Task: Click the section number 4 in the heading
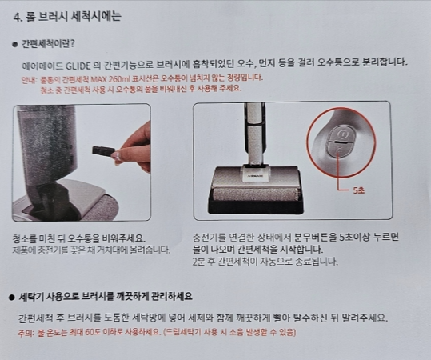[x=18, y=15]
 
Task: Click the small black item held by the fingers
[x=102, y=150]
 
